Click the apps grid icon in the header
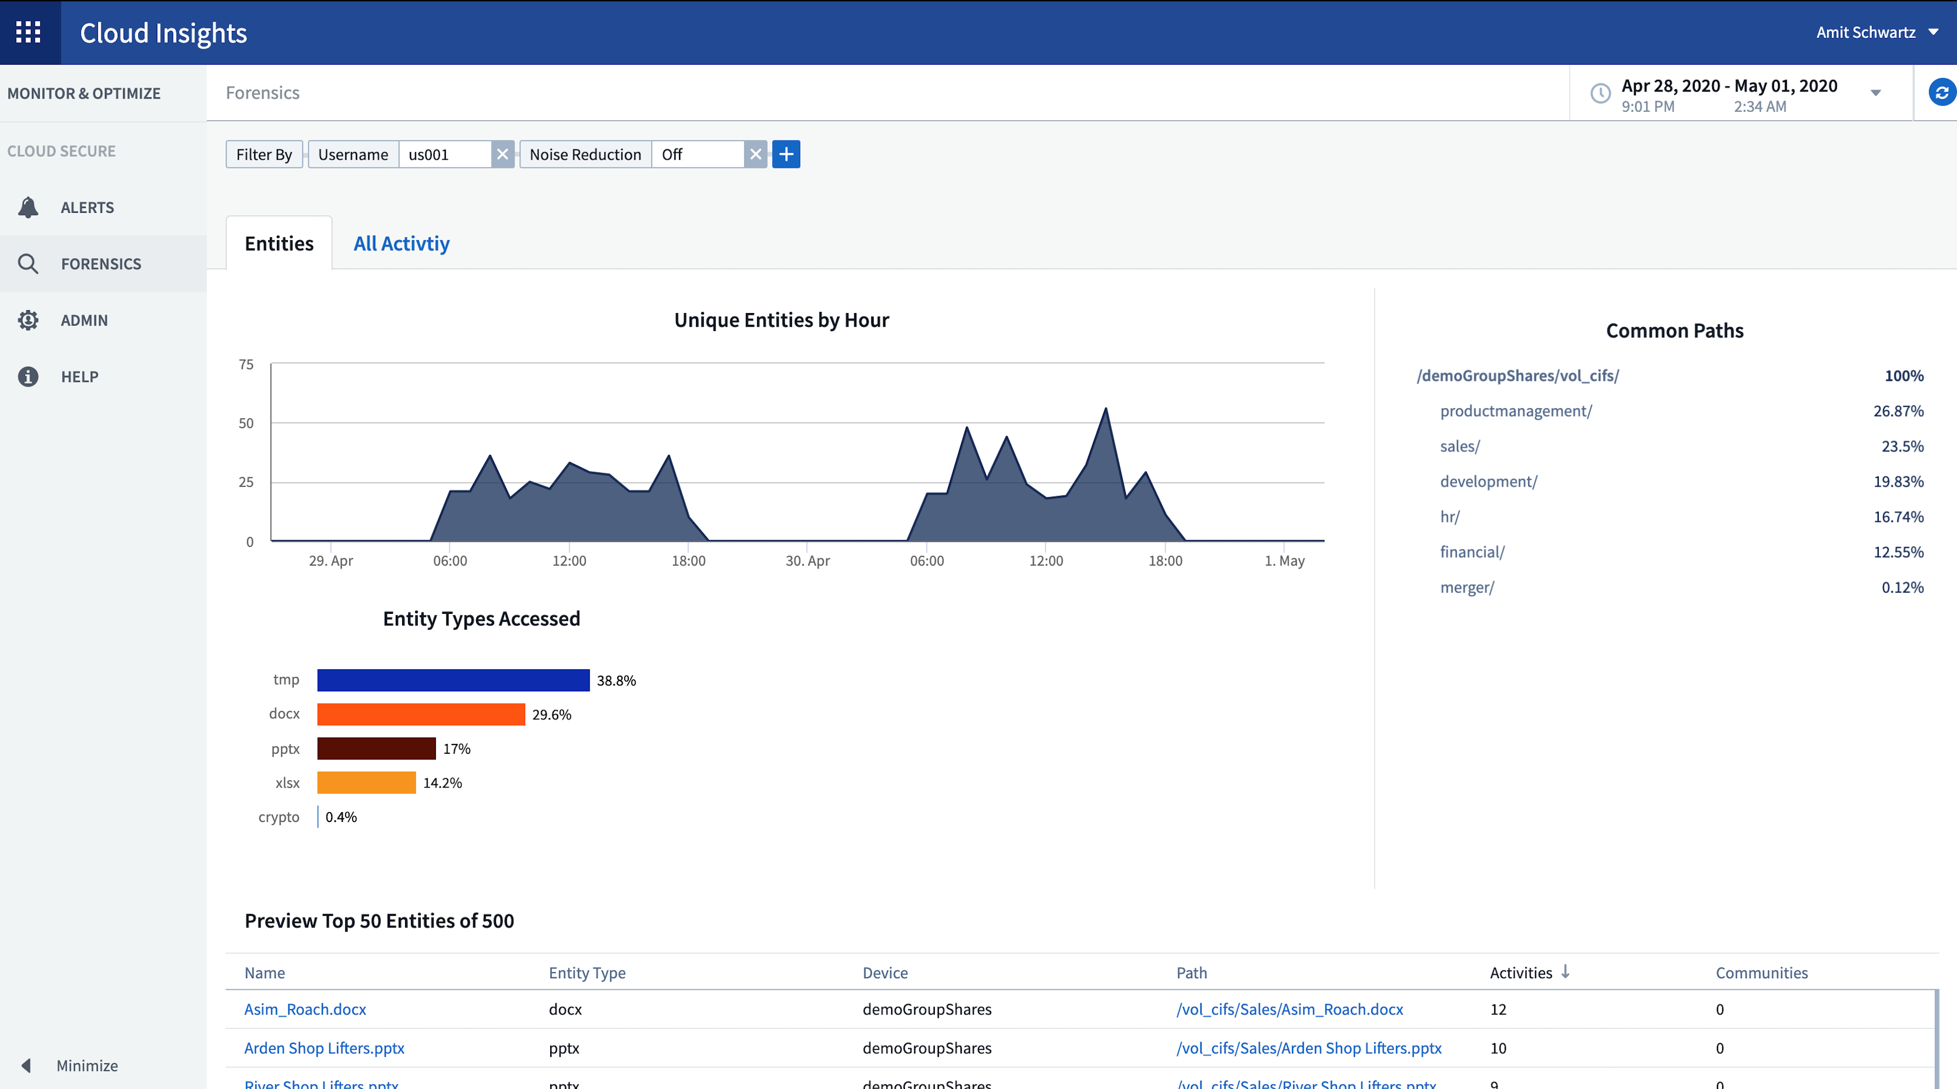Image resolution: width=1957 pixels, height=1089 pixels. click(28, 32)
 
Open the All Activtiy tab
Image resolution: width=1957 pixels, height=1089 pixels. click(401, 243)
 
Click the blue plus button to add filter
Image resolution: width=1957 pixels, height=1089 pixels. click(786, 154)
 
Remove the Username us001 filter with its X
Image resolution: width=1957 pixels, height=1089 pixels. click(502, 154)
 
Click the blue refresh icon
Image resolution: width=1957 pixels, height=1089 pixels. click(1941, 93)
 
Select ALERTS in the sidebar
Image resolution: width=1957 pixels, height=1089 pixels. click(87, 208)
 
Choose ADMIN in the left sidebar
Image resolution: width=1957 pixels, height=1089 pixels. click(83, 320)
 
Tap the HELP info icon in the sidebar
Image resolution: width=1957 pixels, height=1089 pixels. click(28, 376)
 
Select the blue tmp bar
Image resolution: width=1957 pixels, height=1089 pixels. click(453, 680)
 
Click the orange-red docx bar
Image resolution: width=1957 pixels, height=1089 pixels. click(420, 714)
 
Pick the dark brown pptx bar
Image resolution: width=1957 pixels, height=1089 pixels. click(376, 749)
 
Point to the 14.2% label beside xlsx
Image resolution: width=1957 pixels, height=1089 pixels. click(442, 783)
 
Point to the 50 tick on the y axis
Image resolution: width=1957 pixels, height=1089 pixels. click(246, 423)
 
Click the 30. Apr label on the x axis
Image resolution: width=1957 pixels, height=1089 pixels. click(807, 561)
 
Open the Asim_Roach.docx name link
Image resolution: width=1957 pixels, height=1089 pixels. click(305, 1009)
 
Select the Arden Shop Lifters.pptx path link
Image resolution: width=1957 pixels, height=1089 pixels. click(1308, 1048)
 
